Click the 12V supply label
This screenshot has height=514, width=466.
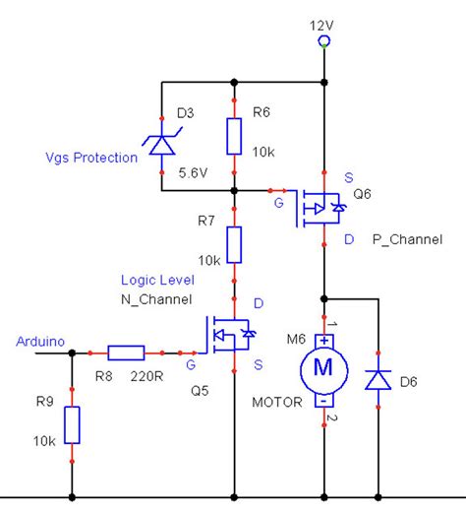(322, 23)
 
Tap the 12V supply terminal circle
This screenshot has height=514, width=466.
(323, 41)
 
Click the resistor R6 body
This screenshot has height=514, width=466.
(234, 136)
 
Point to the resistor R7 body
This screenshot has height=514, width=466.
(234, 244)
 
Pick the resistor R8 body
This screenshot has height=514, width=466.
(127, 352)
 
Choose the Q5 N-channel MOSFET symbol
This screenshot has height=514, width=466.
(229, 335)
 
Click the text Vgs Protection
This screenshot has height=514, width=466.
(91, 158)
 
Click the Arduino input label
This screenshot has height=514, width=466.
(40, 342)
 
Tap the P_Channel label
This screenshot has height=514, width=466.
(407, 239)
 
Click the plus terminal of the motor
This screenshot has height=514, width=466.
(323, 340)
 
